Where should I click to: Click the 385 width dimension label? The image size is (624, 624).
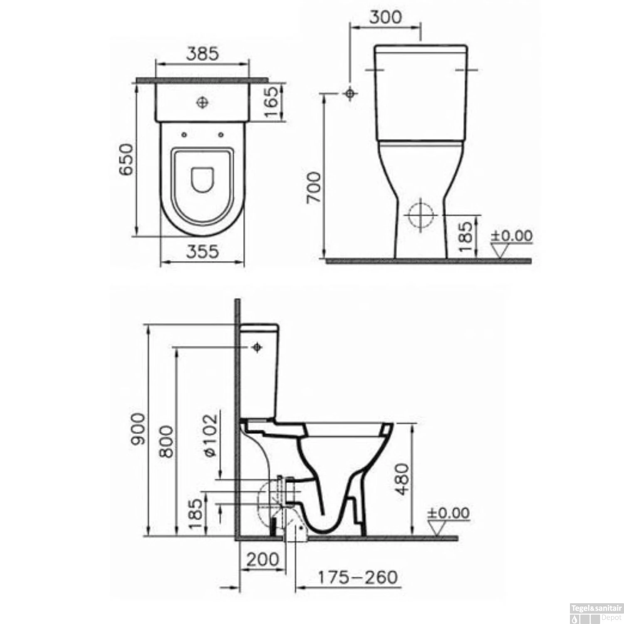(x=202, y=54)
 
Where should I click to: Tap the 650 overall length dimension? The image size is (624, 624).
(x=126, y=159)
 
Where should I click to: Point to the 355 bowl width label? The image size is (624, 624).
(x=202, y=251)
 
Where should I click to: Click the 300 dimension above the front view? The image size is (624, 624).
(x=386, y=17)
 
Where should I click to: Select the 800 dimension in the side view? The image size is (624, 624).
(x=166, y=441)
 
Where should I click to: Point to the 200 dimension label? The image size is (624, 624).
(x=262, y=560)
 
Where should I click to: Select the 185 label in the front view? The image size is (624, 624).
(x=467, y=237)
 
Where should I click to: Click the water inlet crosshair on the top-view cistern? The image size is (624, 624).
(x=203, y=102)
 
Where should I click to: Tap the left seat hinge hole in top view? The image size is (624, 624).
(x=184, y=134)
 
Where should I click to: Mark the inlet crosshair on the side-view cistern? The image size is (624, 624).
(x=257, y=347)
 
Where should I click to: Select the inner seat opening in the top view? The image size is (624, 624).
(x=203, y=180)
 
